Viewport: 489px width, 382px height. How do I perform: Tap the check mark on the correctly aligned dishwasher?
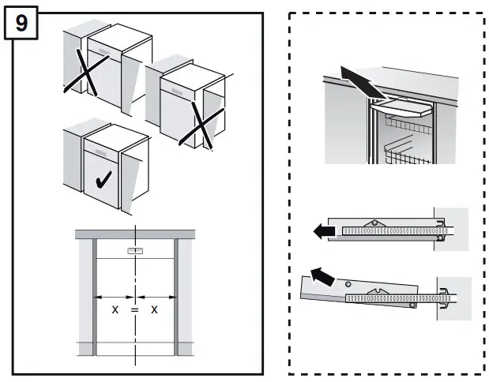tap(103, 182)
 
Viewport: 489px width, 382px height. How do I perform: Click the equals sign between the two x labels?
tap(134, 310)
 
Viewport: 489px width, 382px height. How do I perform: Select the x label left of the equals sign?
tap(115, 310)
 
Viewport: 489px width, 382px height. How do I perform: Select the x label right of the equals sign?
tap(154, 310)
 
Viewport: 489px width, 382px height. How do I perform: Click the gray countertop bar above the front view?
tap(135, 233)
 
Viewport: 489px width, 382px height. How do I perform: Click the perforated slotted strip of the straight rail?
tap(387, 231)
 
